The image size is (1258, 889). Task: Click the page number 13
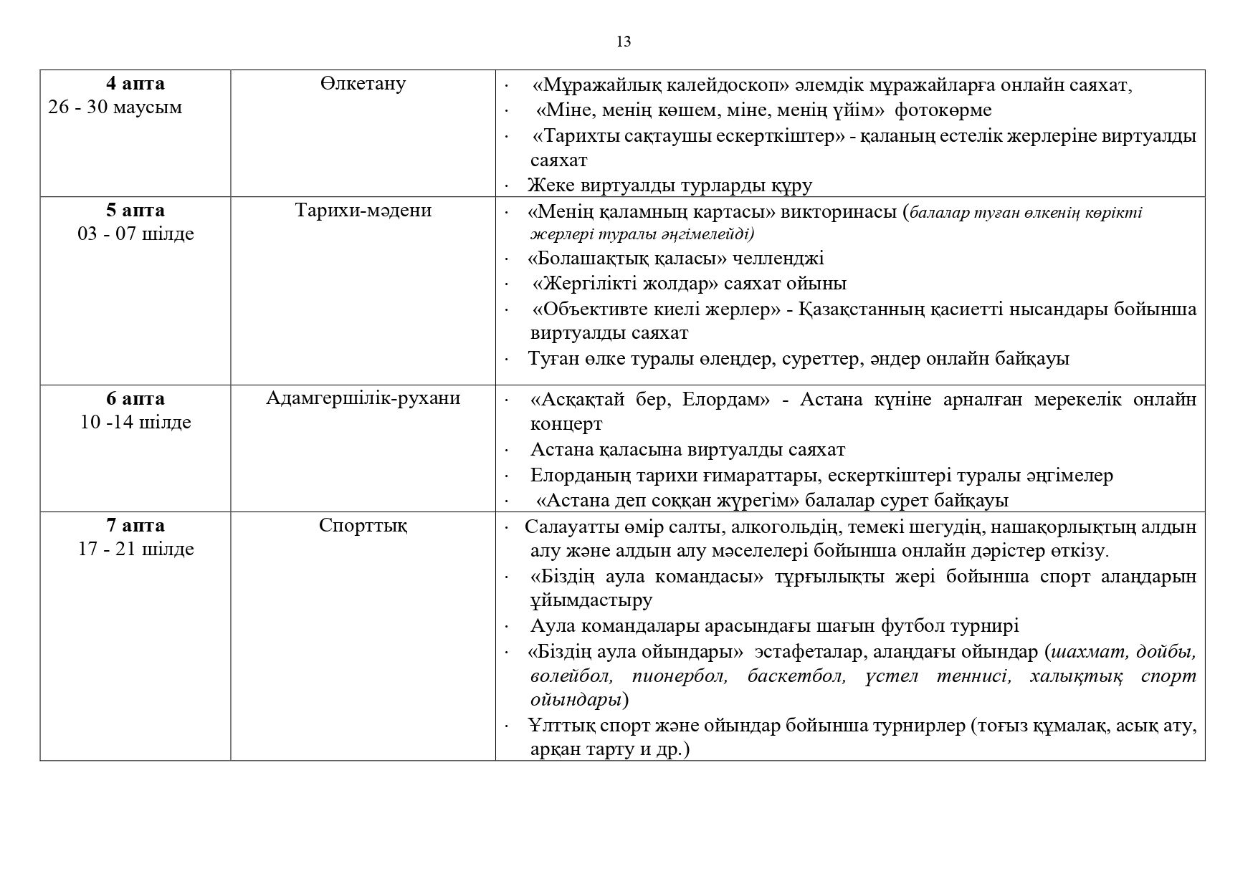pyautogui.click(x=624, y=42)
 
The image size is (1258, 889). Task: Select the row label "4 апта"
pyautogui.click(x=135, y=84)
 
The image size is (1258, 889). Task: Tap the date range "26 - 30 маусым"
pyautogui.click(x=115, y=107)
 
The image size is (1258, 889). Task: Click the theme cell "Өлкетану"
pyautogui.click(x=363, y=84)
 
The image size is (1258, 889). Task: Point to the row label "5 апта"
pyautogui.click(x=135, y=211)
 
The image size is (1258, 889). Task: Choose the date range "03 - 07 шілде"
pyautogui.click(x=135, y=234)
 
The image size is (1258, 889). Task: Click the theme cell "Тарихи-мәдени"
pyautogui.click(x=363, y=211)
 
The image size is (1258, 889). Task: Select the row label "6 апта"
pyautogui.click(x=135, y=399)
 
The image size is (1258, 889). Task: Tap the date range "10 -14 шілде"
pyautogui.click(x=135, y=423)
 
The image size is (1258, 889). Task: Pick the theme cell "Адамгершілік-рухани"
pyautogui.click(x=363, y=399)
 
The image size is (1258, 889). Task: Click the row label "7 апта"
pyautogui.click(x=135, y=526)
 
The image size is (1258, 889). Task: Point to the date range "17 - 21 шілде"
pyautogui.click(x=135, y=549)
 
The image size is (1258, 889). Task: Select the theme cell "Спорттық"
pyautogui.click(x=363, y=526)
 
